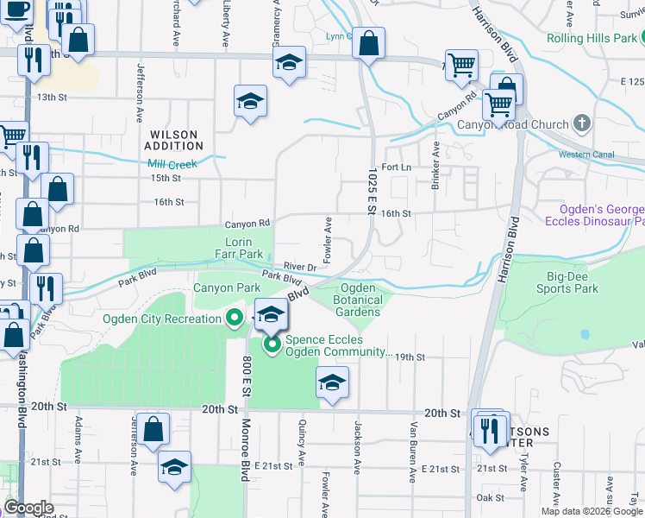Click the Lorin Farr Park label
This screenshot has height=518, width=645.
238,248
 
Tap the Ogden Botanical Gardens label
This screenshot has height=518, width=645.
357,300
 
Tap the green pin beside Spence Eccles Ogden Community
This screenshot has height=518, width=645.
273,347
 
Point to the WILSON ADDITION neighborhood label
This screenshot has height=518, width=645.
173,141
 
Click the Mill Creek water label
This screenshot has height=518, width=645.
172,164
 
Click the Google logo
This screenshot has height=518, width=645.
29,508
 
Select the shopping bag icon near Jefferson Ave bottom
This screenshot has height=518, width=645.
153,429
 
